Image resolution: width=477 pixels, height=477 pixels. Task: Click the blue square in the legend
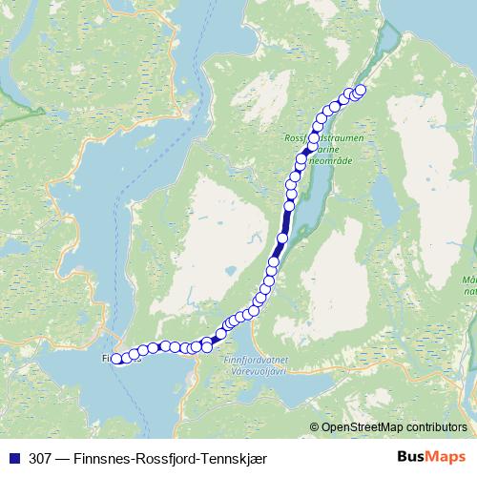(13, 457)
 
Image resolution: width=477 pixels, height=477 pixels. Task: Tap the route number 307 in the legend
(39, 457)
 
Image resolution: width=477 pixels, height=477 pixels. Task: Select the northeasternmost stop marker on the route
(360, 90)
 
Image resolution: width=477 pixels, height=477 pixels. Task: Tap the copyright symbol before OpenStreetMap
(315, 427)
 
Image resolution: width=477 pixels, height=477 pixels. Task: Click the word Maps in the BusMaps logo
(443, 456)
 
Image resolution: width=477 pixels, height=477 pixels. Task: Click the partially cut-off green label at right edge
(469, 286)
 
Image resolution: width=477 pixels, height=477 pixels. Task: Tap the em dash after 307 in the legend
(62, 457)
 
